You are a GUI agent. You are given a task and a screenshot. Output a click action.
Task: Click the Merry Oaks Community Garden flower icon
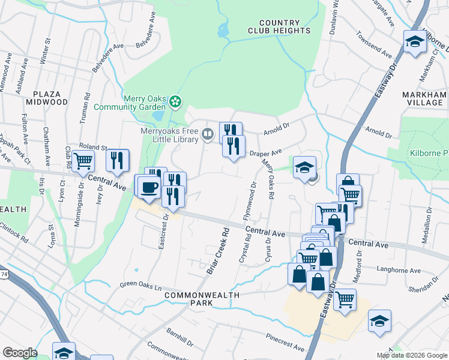pos(175,102)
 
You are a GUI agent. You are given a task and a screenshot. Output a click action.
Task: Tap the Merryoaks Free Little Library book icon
pos(208,133)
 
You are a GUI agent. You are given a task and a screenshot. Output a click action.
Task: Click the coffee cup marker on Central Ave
pos(148,187)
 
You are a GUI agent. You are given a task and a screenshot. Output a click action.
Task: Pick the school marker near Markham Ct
pos(414,41)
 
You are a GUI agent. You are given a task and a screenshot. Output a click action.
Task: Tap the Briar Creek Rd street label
pos(218,251)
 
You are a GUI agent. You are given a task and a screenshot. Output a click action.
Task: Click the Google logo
pos(19,353)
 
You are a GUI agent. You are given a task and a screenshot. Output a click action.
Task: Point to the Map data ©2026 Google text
pos(411,355)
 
